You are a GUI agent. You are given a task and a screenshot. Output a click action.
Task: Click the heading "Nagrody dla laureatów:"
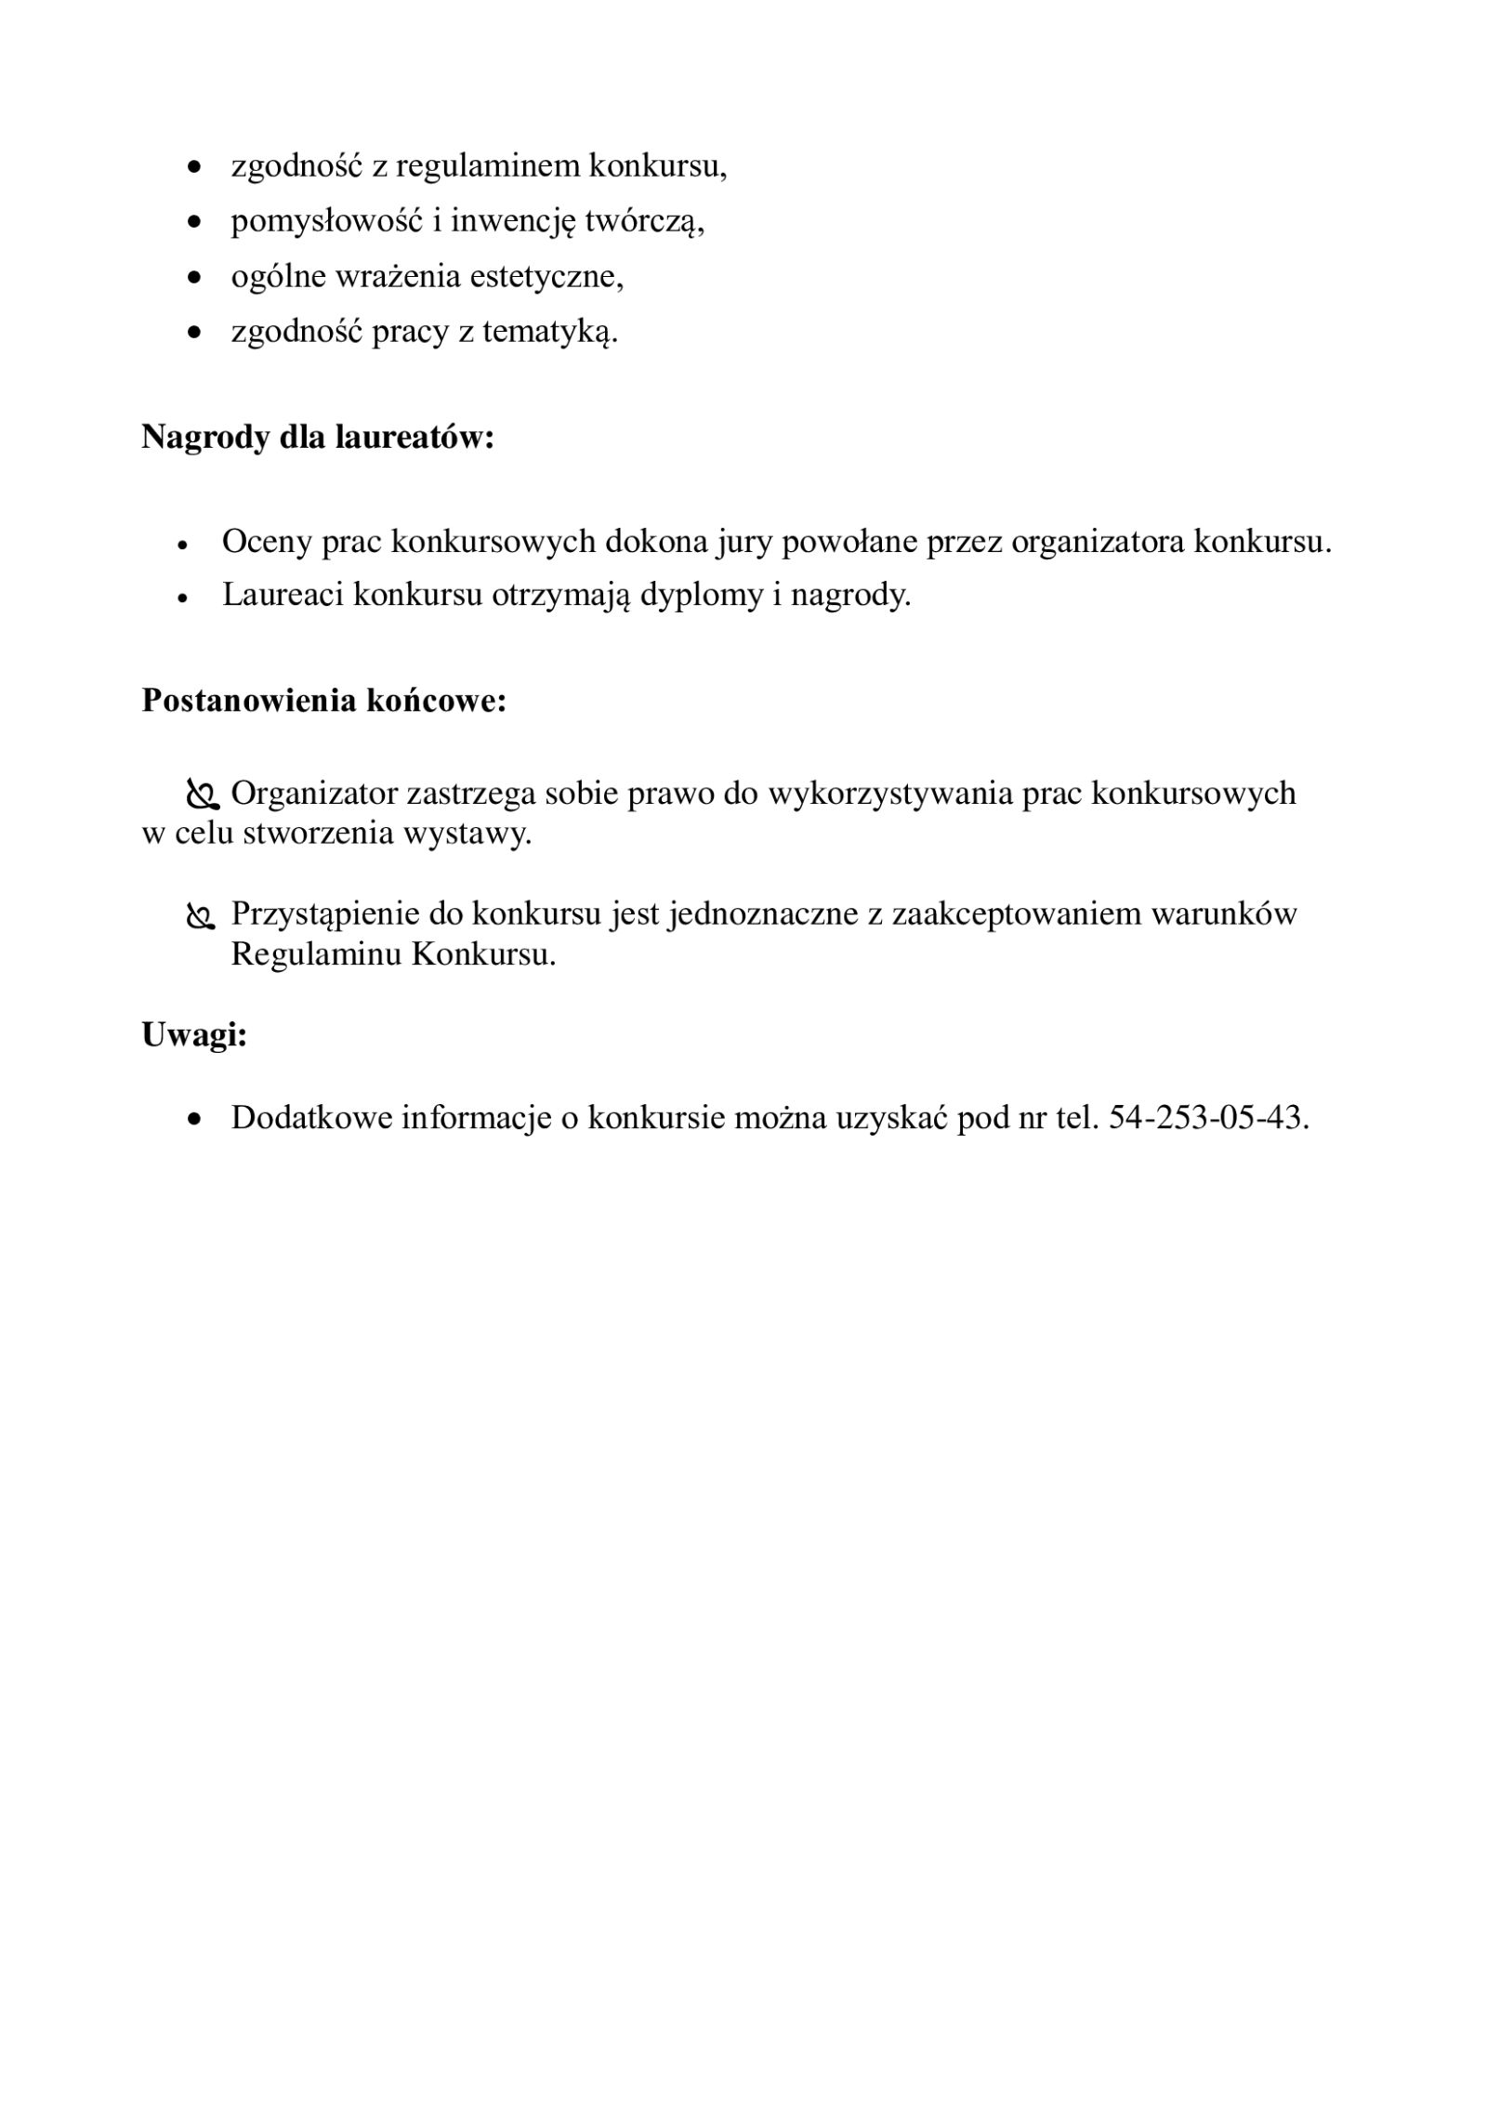(317, 437)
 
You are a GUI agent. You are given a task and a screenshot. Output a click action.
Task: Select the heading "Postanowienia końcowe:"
(323, 701)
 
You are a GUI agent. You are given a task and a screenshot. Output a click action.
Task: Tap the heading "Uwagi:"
(194, 1034)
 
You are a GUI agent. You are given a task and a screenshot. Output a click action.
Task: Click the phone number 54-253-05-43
(1207, 1117)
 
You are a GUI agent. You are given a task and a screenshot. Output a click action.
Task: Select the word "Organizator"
(314, 794)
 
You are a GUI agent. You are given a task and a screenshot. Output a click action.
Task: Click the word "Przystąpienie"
(325, 914)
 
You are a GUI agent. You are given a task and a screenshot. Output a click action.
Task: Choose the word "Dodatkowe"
(311, 1117)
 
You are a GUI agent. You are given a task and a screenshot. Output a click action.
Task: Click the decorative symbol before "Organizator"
(201, 795)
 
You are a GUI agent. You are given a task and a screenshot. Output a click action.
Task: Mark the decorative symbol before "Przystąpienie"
(201, 916)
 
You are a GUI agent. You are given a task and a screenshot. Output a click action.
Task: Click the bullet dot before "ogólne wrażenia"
(194, 277)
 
